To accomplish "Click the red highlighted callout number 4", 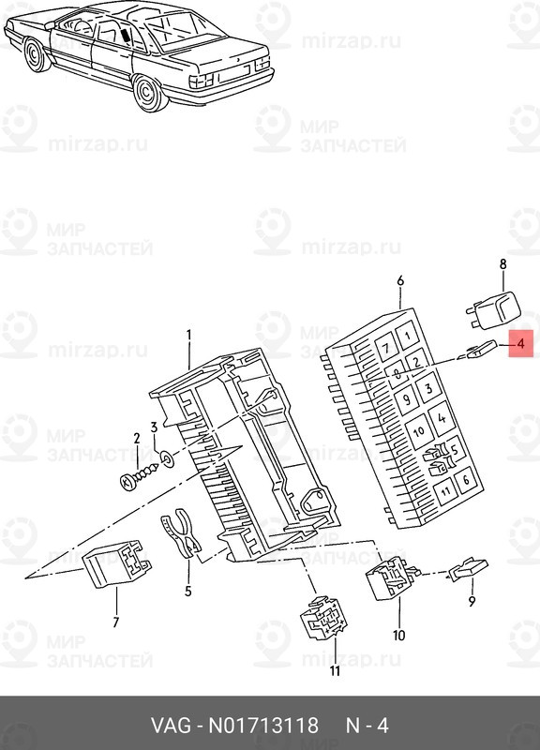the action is point(520,343).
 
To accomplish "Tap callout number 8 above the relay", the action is point(502,264).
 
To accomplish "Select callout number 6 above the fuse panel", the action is point(400,280).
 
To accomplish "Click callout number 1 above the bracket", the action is point(188,335).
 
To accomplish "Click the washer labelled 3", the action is point(167,458).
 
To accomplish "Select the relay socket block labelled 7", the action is point(117,563).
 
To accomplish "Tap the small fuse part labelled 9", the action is point(468,570).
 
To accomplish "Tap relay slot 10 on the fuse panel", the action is point(419,430).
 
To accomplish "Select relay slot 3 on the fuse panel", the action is point(428,388).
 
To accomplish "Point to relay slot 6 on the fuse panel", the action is point(466,479).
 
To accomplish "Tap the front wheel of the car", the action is point(36,55).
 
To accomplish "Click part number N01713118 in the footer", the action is point(263,725).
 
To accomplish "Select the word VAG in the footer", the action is point(172,725).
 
